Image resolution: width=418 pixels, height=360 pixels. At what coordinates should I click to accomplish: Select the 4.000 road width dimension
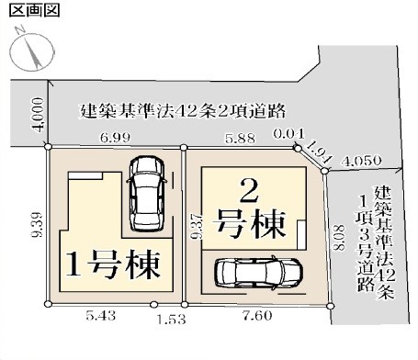38,116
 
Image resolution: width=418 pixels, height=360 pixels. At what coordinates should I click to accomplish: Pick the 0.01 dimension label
289,134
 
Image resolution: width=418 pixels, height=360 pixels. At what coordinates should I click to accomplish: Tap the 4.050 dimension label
362,161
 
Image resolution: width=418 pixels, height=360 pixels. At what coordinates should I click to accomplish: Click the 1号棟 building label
113,264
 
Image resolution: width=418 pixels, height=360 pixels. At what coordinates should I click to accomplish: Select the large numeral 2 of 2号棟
248,192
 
